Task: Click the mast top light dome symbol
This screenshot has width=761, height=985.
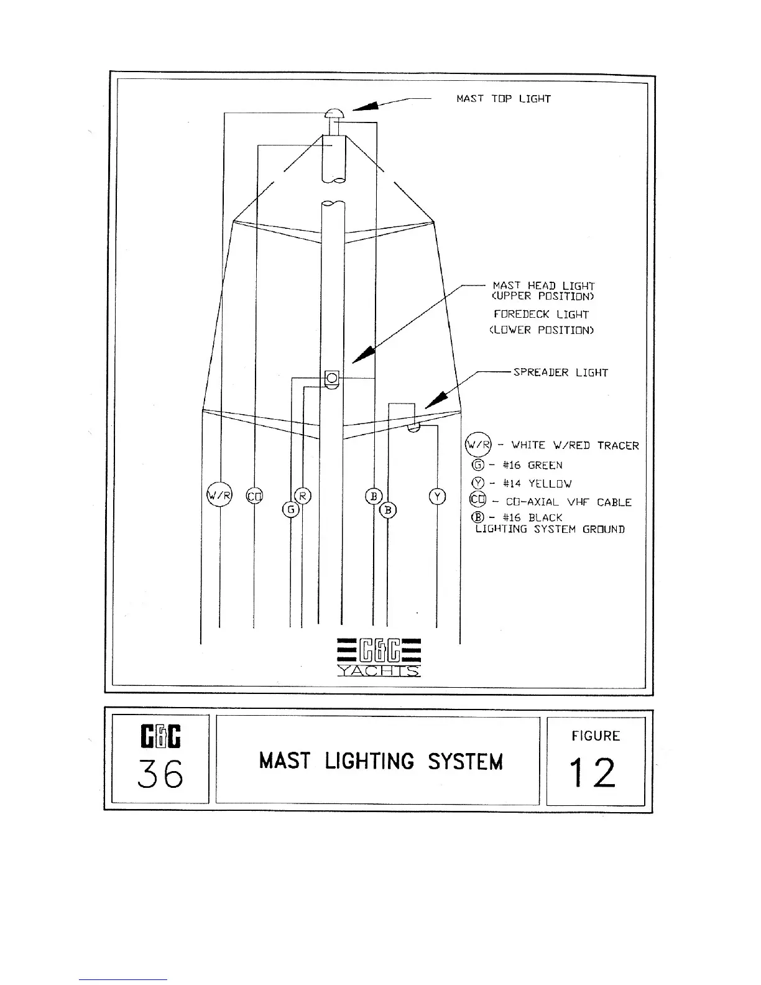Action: tap(333, 114)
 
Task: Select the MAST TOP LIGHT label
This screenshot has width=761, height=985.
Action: tap(503, 99)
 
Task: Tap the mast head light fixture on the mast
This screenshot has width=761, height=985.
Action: tap(332, 378)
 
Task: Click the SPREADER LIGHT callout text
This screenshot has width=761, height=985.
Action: tap(560, 372)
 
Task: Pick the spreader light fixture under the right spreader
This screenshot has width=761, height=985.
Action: tap(413, 428)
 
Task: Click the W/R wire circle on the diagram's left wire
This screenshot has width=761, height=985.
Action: tap(218, 496)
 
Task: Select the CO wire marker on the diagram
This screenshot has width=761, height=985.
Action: tap(254, 496)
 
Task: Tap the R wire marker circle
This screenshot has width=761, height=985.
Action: tap(303, 496)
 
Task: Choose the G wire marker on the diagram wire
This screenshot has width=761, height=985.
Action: tap(291, 509)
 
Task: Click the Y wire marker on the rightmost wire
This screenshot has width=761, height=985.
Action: tap(437, 496)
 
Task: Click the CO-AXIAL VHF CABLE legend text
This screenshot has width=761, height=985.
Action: tap(568, 502)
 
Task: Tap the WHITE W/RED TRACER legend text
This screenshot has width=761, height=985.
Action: tap(574, 445)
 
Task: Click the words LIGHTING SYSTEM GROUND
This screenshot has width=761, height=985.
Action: tap(550, 530)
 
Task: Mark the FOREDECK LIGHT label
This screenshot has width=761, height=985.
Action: tap(541, 315)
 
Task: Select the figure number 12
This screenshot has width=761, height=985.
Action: tap(595, 772)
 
